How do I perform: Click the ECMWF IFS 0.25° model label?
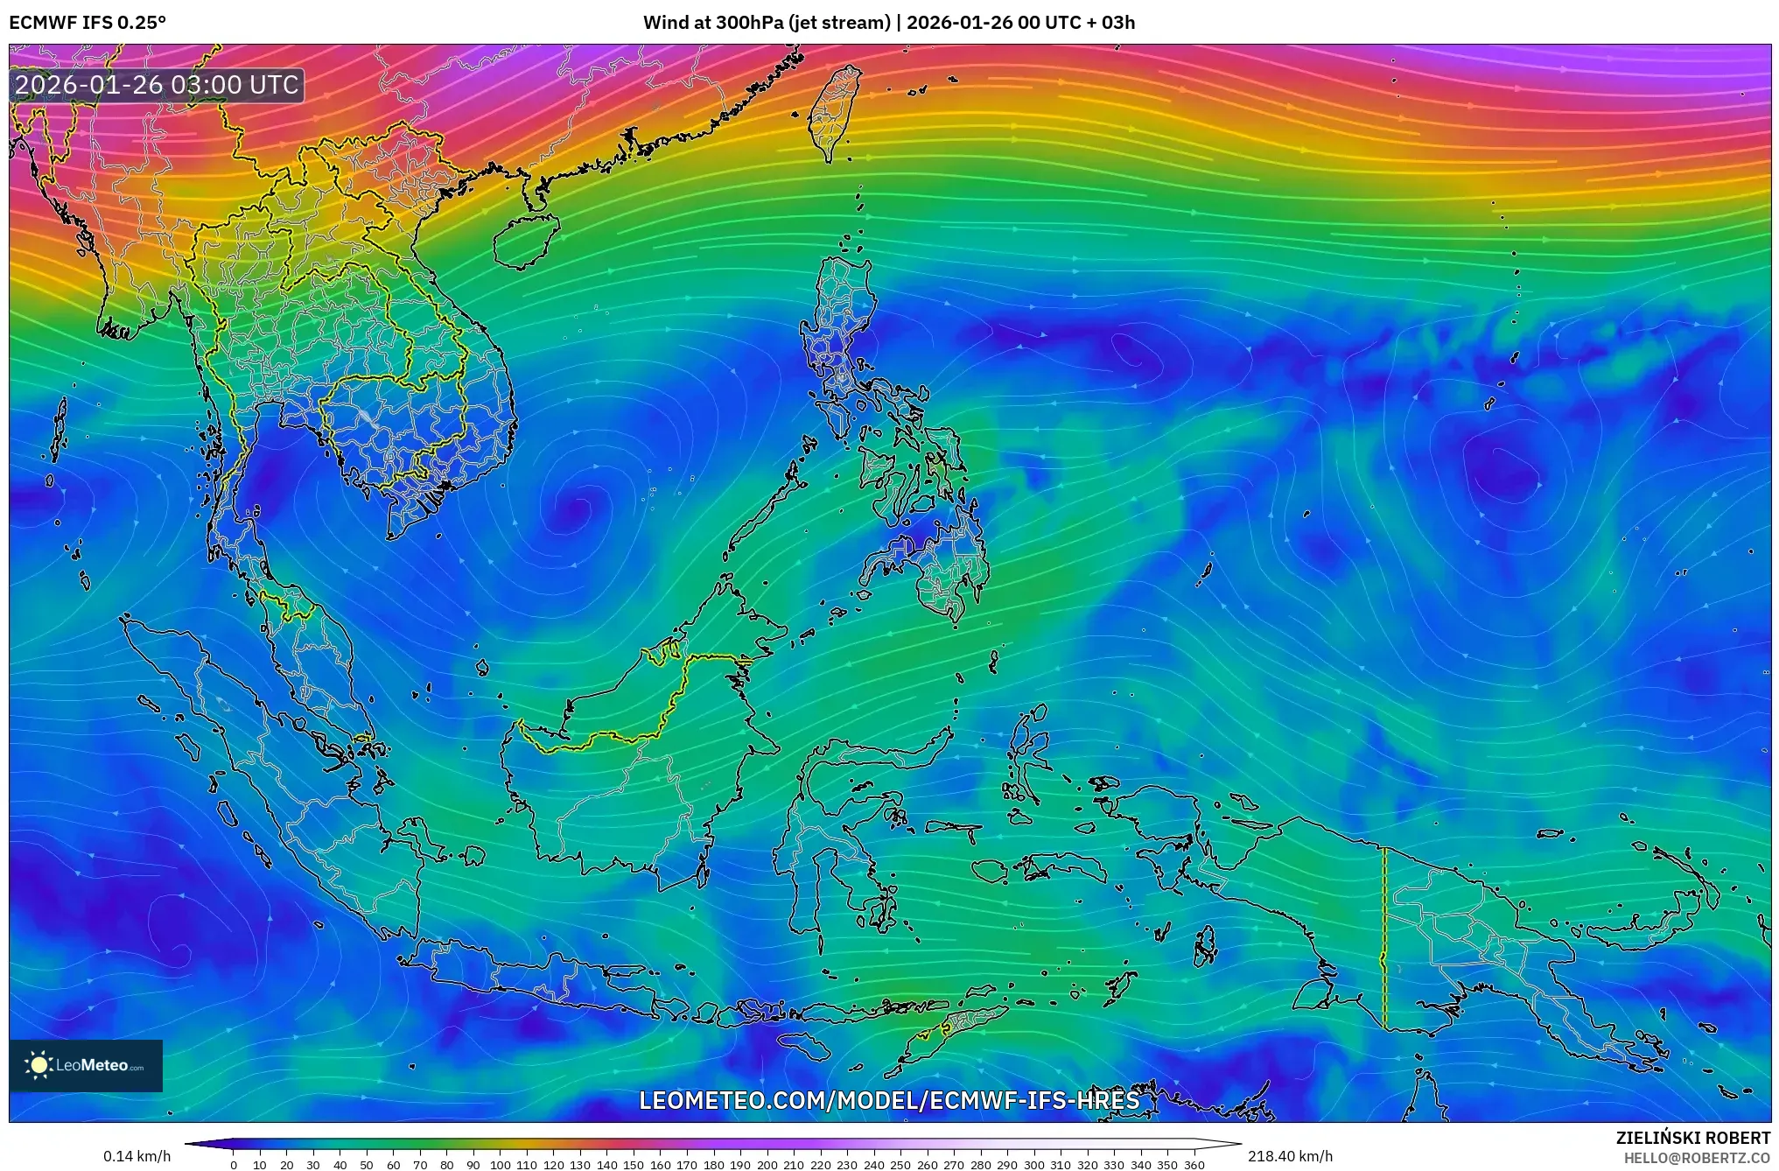87,22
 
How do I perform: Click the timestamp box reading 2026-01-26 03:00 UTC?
157,85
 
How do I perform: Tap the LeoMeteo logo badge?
86,1065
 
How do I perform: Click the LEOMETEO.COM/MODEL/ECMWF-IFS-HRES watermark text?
889,1100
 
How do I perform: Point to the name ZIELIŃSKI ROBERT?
1692,1138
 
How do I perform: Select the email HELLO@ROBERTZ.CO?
1697,1158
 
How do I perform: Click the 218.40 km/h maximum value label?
1290,1156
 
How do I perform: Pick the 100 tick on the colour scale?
500,1165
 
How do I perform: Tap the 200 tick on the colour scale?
767,1165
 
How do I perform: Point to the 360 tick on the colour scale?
1194,1165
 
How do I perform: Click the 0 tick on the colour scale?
233,1165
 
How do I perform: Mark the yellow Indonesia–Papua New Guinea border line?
1384,936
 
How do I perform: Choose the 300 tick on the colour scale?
1033,1165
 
